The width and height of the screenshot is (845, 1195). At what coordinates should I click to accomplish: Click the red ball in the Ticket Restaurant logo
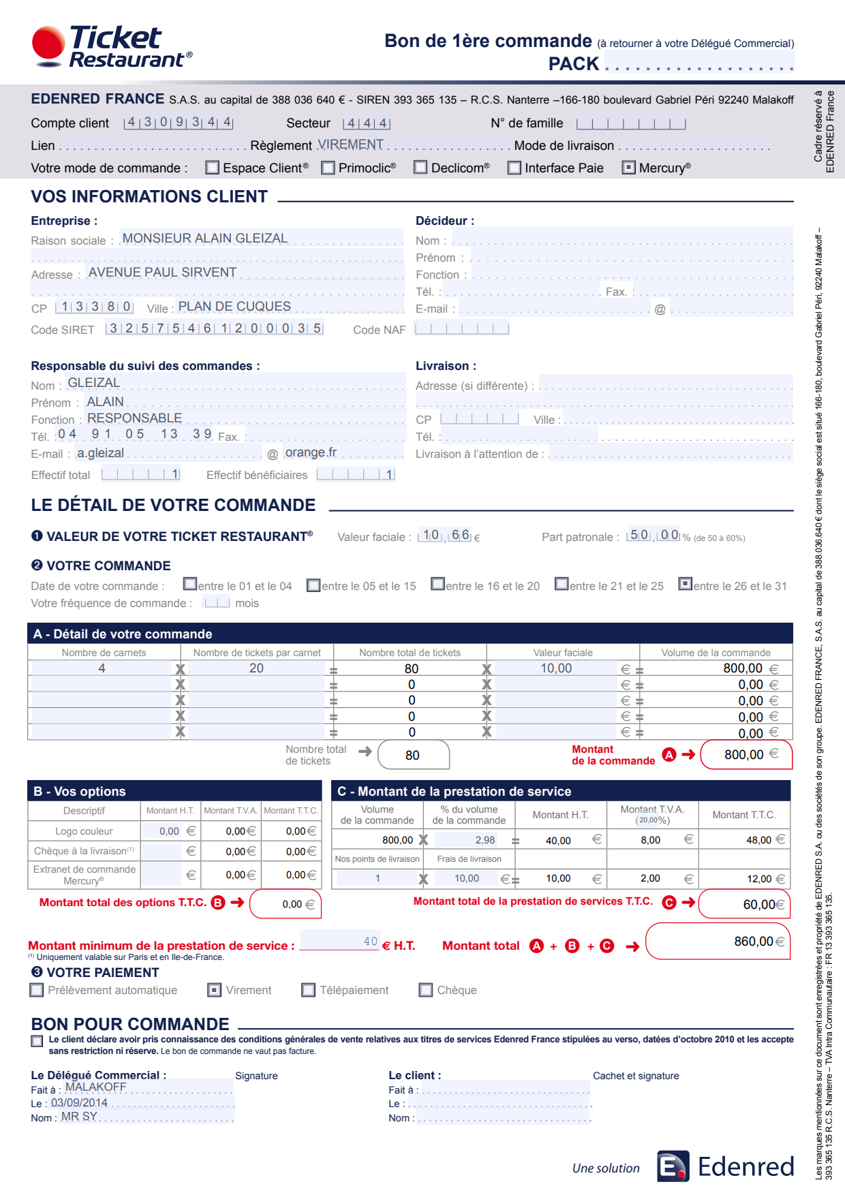tap(48, 43)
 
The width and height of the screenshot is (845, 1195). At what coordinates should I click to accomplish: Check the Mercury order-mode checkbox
tap(629, 168)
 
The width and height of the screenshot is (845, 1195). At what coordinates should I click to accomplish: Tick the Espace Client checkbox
tap(213, 168)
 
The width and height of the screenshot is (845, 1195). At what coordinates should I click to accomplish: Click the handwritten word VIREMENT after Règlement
tap(350, 144)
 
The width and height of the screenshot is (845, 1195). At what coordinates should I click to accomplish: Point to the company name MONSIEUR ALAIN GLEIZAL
tap(204, 238)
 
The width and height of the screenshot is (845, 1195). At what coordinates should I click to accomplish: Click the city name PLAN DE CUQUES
tap(234, 307)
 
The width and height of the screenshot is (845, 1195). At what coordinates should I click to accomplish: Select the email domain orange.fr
tap(311, 452)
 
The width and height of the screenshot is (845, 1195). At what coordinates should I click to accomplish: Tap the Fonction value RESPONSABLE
tap(134, 418)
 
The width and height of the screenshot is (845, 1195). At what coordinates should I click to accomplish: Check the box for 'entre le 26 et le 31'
tap(686, 585)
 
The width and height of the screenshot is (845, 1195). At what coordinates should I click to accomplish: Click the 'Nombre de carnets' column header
tap(104, 653)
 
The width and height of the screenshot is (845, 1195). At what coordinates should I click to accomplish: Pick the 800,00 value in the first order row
tap(743, 668)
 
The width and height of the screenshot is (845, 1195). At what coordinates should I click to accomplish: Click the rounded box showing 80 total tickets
tap(413, 755)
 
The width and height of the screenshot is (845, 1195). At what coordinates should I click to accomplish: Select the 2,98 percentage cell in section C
tap(485, 840)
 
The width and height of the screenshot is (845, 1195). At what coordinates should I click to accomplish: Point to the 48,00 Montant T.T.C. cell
tap(758, 840)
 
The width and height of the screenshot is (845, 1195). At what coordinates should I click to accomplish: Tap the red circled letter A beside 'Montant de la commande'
tap(669, 755)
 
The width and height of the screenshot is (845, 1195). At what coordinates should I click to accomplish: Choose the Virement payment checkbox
tap(215, 990)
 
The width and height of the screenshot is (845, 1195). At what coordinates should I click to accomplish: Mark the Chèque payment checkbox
tap(426, 990)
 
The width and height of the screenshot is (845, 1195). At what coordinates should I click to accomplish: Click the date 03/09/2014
tap(79, 1103)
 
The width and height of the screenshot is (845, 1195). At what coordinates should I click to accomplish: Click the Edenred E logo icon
tap(673, 1167)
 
